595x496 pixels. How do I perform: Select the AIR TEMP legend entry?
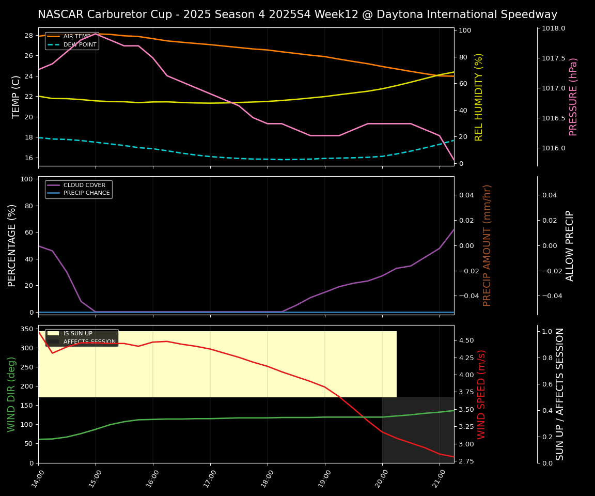tap(76, 37)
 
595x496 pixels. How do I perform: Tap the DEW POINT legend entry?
tap(80, 45)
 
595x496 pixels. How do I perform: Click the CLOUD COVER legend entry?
tap(84, 185)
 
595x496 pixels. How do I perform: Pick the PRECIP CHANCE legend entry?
tap(86, 193)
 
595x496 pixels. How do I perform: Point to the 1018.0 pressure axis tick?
tap(553, 28)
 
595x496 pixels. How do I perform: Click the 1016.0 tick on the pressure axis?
tap(553, 148)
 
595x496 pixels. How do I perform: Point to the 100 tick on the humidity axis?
tap(465, 30)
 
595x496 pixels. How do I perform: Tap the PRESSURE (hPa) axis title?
tap(573, 97)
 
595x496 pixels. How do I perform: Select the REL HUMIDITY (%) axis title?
tap(479, 97)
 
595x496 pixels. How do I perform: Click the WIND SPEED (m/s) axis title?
tap(481, 394)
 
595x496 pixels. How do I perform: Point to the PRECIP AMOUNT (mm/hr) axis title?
tap(487, 245)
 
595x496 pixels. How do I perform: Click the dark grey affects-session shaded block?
tap(417, 430)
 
